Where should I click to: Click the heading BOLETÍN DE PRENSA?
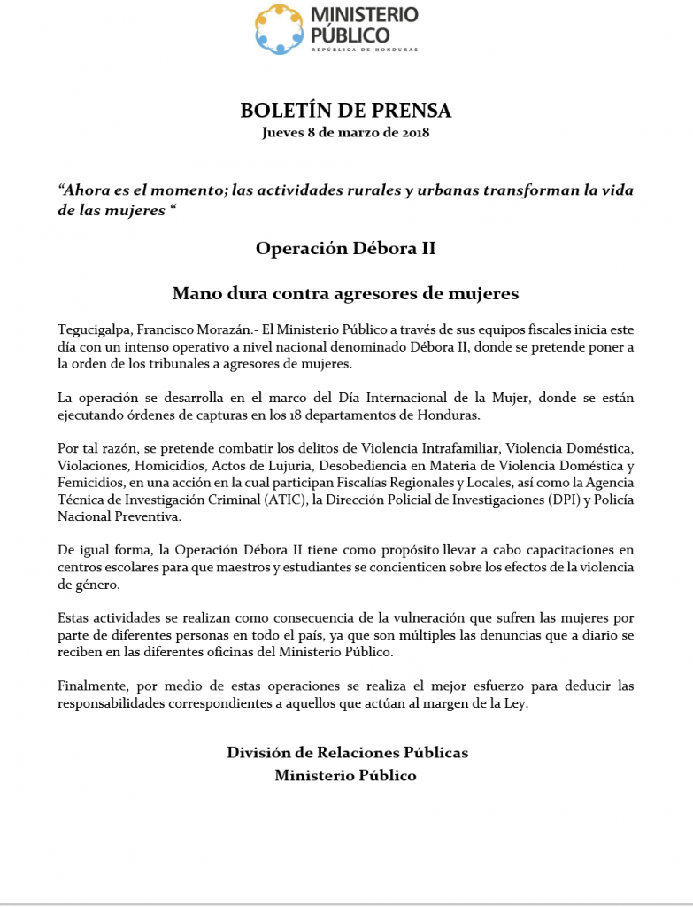(346, 111)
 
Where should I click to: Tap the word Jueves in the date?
(282, 133)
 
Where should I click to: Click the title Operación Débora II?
(345, 248)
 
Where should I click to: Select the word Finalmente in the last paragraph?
(92, 686)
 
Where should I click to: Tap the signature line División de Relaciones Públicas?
(347, 753)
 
